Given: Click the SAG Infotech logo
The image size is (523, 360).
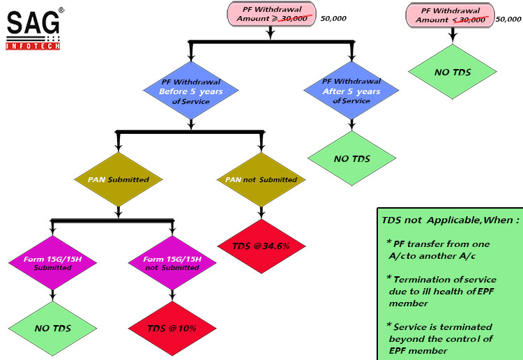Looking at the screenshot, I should (33, 29).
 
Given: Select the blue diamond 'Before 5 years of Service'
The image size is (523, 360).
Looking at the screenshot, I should (191, 92).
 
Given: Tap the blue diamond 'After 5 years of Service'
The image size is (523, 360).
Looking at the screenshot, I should (351, 91).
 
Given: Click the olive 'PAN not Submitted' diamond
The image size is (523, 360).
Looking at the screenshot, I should (261, 179).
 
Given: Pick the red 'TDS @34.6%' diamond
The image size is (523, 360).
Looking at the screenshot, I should (261, 246).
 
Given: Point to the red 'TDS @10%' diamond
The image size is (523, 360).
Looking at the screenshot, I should (172, 328).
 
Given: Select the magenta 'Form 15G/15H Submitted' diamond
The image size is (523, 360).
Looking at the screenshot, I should (51, 264).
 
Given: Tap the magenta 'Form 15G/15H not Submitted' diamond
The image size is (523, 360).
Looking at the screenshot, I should (172, 264).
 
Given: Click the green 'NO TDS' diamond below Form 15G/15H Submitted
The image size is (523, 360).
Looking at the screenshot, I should (51, 327).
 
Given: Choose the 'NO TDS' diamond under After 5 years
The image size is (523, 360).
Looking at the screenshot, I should (351, 158).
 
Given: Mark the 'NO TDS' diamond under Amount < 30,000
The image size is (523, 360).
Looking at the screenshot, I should (451, 71).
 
